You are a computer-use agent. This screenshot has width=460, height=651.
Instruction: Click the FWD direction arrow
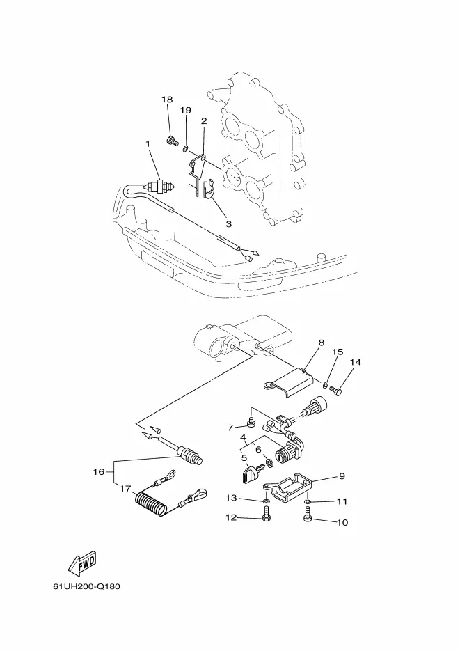(82, 563)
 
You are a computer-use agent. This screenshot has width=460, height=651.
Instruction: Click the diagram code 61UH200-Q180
(87, 587)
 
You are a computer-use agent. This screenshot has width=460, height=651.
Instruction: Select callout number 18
(167, 100)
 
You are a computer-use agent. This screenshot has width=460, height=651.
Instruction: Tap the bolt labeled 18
(172, 141)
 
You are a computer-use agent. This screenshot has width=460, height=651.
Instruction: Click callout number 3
(228, 223)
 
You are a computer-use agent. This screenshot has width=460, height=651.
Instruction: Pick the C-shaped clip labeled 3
(209, 188)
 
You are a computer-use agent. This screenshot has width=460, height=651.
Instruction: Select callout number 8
(321, 343)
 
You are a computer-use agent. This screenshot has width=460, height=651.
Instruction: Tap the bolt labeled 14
(335, 390)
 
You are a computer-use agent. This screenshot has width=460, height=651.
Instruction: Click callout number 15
(338, 352)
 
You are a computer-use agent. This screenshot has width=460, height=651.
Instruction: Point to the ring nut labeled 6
(269, 462)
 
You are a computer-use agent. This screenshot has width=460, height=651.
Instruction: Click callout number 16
(99, 471)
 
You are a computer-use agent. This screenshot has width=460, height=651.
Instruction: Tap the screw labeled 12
(267, 516)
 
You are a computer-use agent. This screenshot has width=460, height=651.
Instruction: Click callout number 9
(342, 476)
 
